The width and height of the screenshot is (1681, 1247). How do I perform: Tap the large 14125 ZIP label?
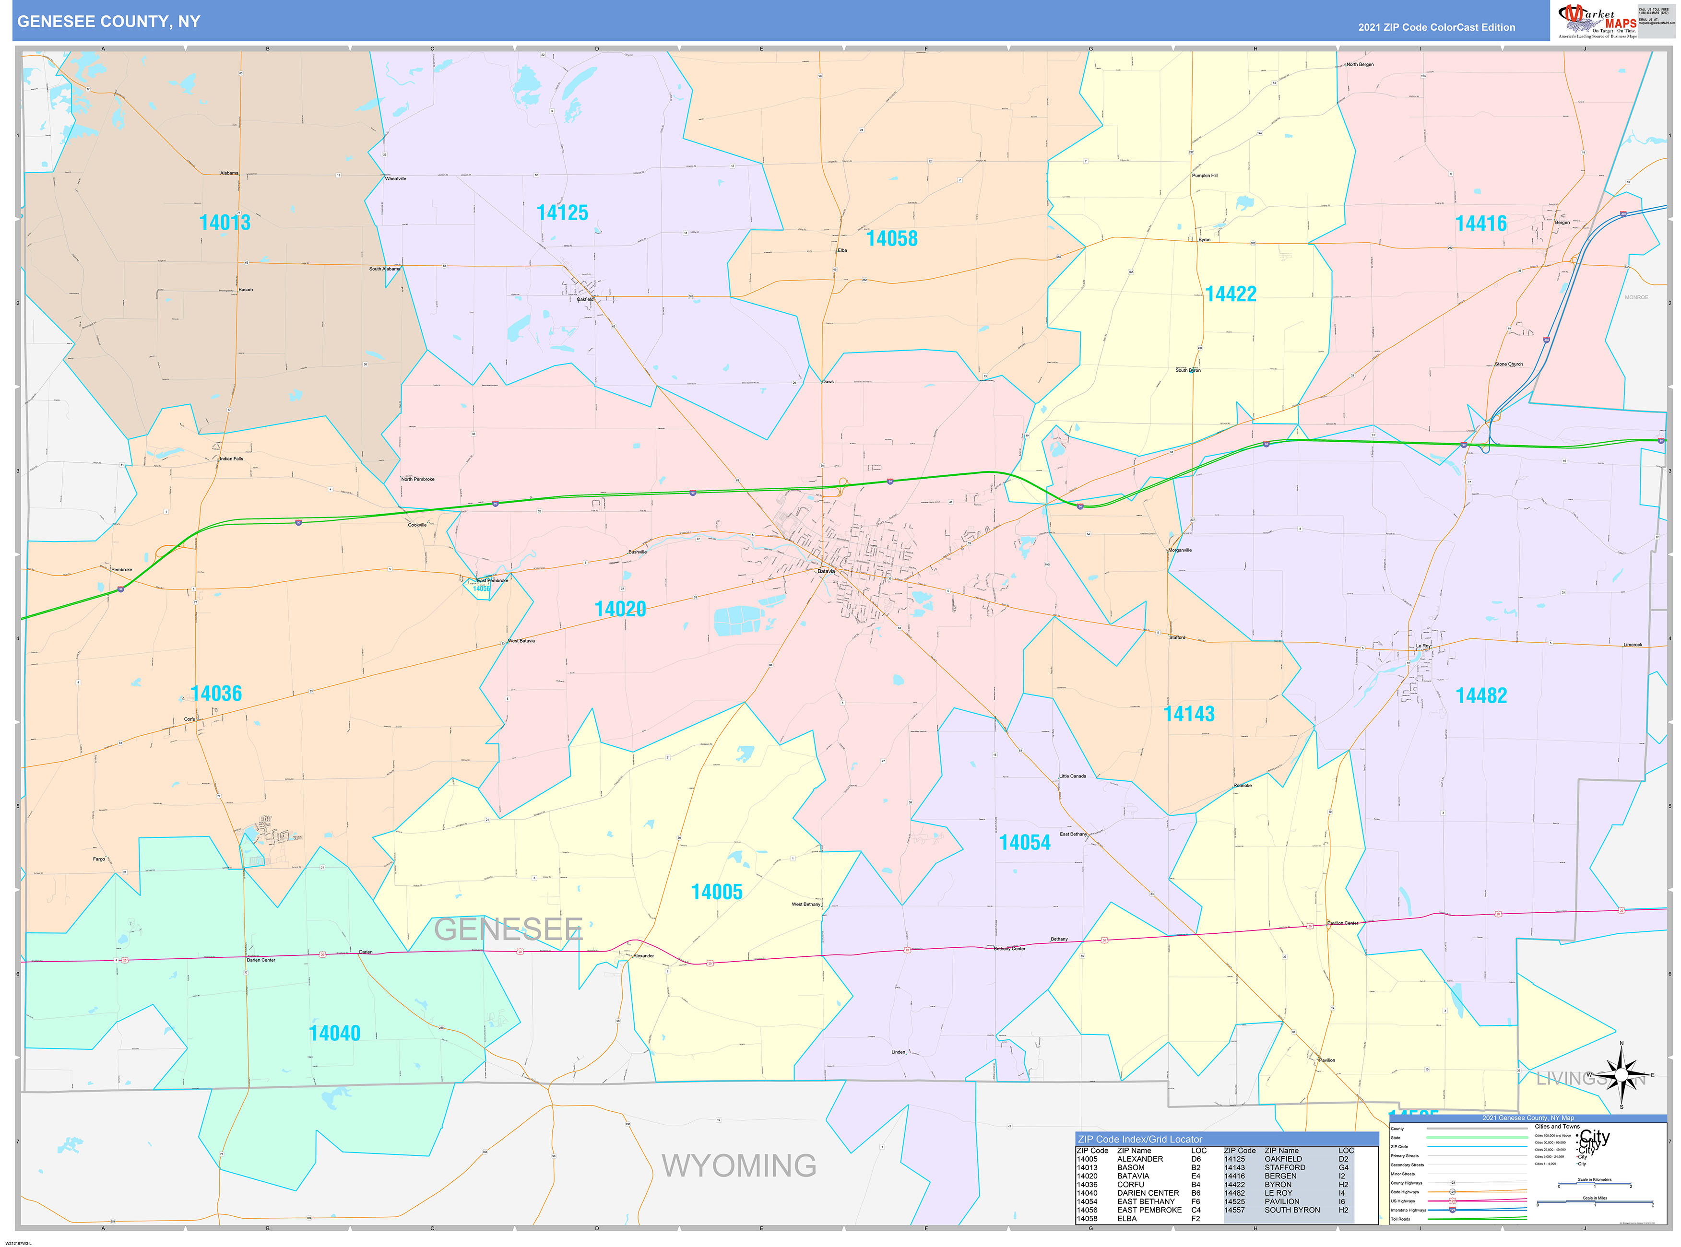[562, 213]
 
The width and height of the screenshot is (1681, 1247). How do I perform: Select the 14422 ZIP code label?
[1231, 294]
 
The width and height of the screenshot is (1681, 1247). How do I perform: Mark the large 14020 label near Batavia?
[620, 609]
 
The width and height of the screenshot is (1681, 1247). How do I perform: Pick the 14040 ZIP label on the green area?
[334, 1034]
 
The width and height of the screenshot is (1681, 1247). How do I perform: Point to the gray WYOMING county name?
[739, 1166]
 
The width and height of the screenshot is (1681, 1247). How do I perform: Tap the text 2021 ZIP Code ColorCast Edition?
[1436, 27]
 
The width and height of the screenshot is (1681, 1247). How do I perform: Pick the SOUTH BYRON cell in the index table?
[1292, 1210]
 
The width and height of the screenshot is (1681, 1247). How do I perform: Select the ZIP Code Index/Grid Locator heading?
[1140, 1139]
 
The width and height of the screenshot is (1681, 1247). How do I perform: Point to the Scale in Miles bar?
[1595, 1204]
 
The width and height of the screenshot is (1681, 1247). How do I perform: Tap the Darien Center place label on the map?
[261, 960]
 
